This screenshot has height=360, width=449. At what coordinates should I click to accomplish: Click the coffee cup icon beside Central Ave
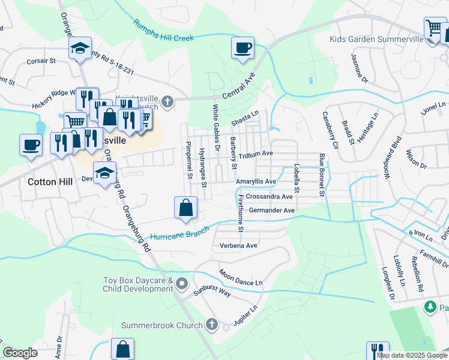pyautogui.click(x=243, y=48)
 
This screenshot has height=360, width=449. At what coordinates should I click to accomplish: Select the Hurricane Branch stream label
pyautogui.click(x=180, y=235)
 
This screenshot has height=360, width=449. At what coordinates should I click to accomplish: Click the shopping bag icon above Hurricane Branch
pyautogui.click(x=186, y=208)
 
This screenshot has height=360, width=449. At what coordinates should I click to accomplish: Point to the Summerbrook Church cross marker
pyautogui.click(x=211, y=325)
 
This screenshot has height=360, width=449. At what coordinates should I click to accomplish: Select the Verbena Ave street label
pyautogui.click(x=238, y=246)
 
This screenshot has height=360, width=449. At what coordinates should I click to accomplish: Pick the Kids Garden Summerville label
pyautogui.click(x=372, y=40)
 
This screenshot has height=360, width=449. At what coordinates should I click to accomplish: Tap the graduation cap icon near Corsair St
pyautogui.click(x=80, y=50)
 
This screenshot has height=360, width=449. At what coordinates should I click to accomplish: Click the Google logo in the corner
pyautogui.click(x=20, y=353)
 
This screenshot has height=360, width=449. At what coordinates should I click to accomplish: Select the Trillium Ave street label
pyautogui.click(x=255, y=155)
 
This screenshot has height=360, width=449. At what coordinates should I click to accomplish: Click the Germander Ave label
pyautogui.click(x=271, y=211)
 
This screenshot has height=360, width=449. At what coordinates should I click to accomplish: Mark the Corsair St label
pyautogui.click(x=40, y=61)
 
